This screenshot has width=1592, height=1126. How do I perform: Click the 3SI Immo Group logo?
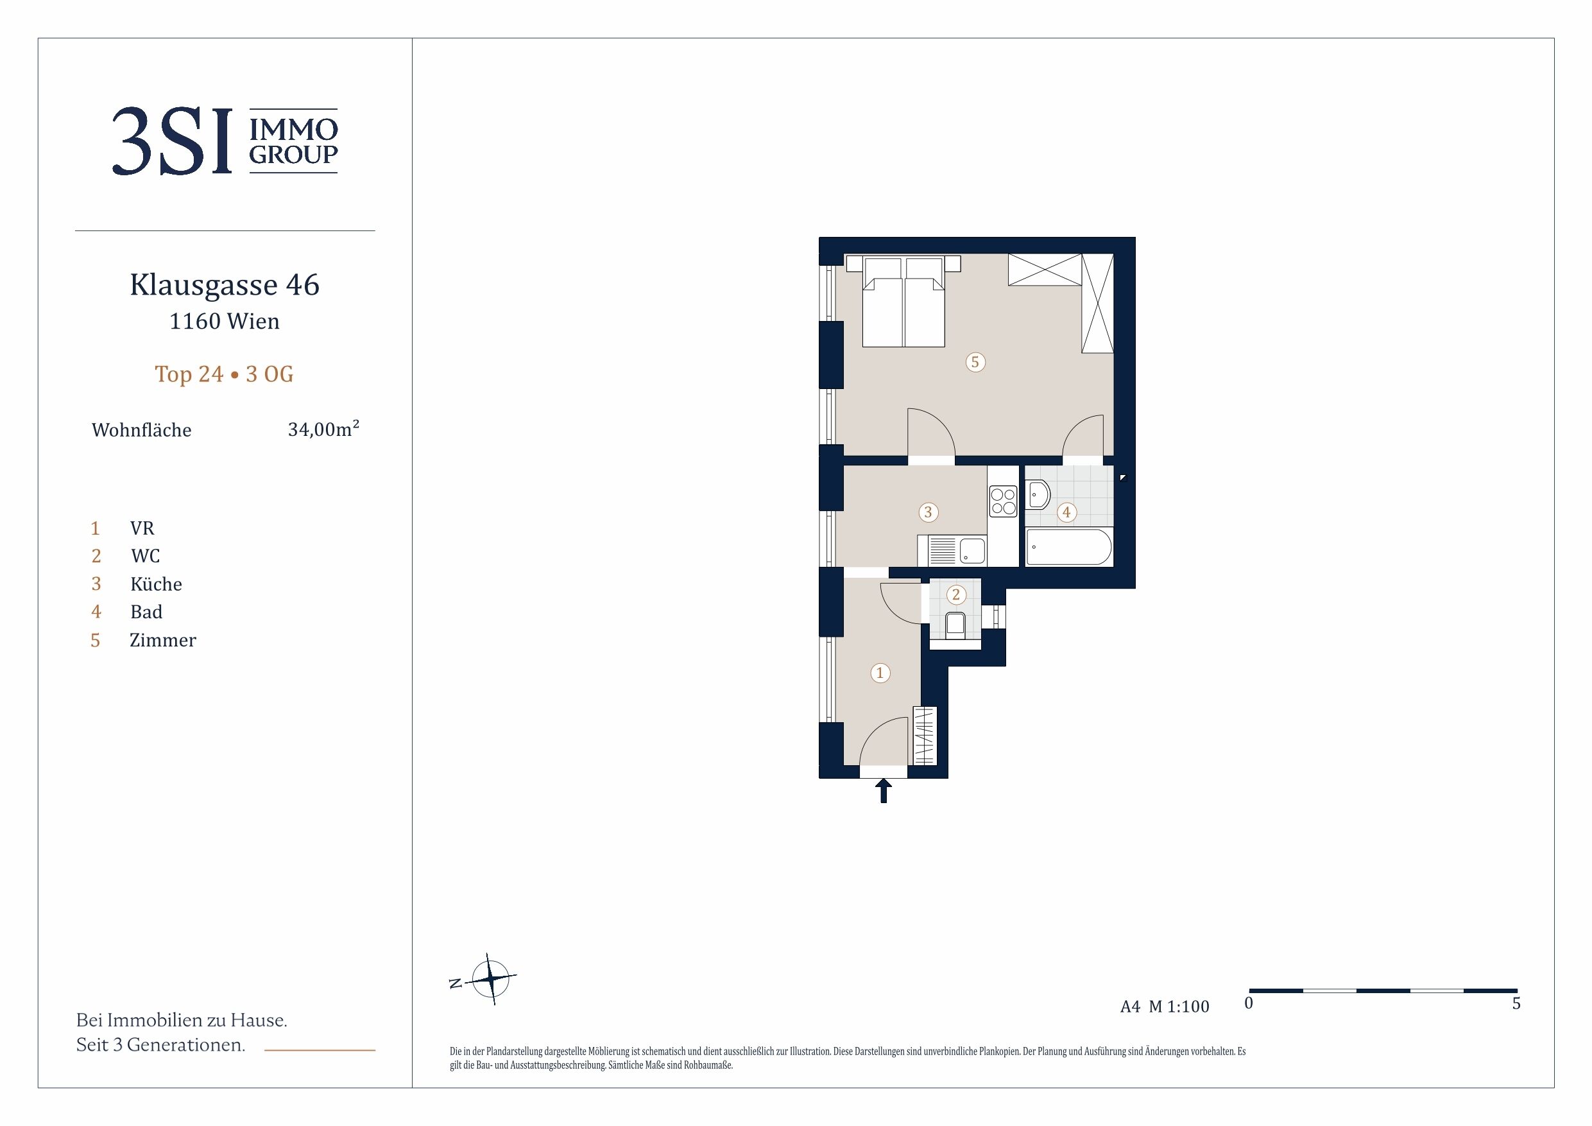click(225, 141)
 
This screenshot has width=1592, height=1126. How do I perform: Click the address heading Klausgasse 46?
click(225, 284)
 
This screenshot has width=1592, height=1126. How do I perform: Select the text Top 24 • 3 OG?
click(224, 374)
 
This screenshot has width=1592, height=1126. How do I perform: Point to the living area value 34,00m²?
click(323, 429)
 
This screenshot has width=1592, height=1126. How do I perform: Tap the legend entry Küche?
click(156, 584)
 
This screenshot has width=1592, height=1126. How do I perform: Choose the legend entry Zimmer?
click(163, 639)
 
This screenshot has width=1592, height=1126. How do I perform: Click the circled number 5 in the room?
click(975, 361)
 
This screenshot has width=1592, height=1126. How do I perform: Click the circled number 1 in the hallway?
click(880, 672)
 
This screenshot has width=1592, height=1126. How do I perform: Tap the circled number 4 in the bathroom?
click(1066, 512)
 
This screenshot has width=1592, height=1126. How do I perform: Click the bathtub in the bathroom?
click(1068, 548)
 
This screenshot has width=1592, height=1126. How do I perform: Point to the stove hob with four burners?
click(1003, 501)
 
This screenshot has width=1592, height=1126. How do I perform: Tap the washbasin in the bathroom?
click(1038, 496)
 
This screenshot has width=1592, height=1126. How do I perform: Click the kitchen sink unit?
click(952, 550)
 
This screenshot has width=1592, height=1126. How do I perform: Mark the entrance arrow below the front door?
click(884, 790)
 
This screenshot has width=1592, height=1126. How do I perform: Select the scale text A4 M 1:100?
click(1165, 1007)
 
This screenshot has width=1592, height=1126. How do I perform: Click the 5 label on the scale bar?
click(1516, 1003)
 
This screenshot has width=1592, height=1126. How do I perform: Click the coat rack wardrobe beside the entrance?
click(925, 736)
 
